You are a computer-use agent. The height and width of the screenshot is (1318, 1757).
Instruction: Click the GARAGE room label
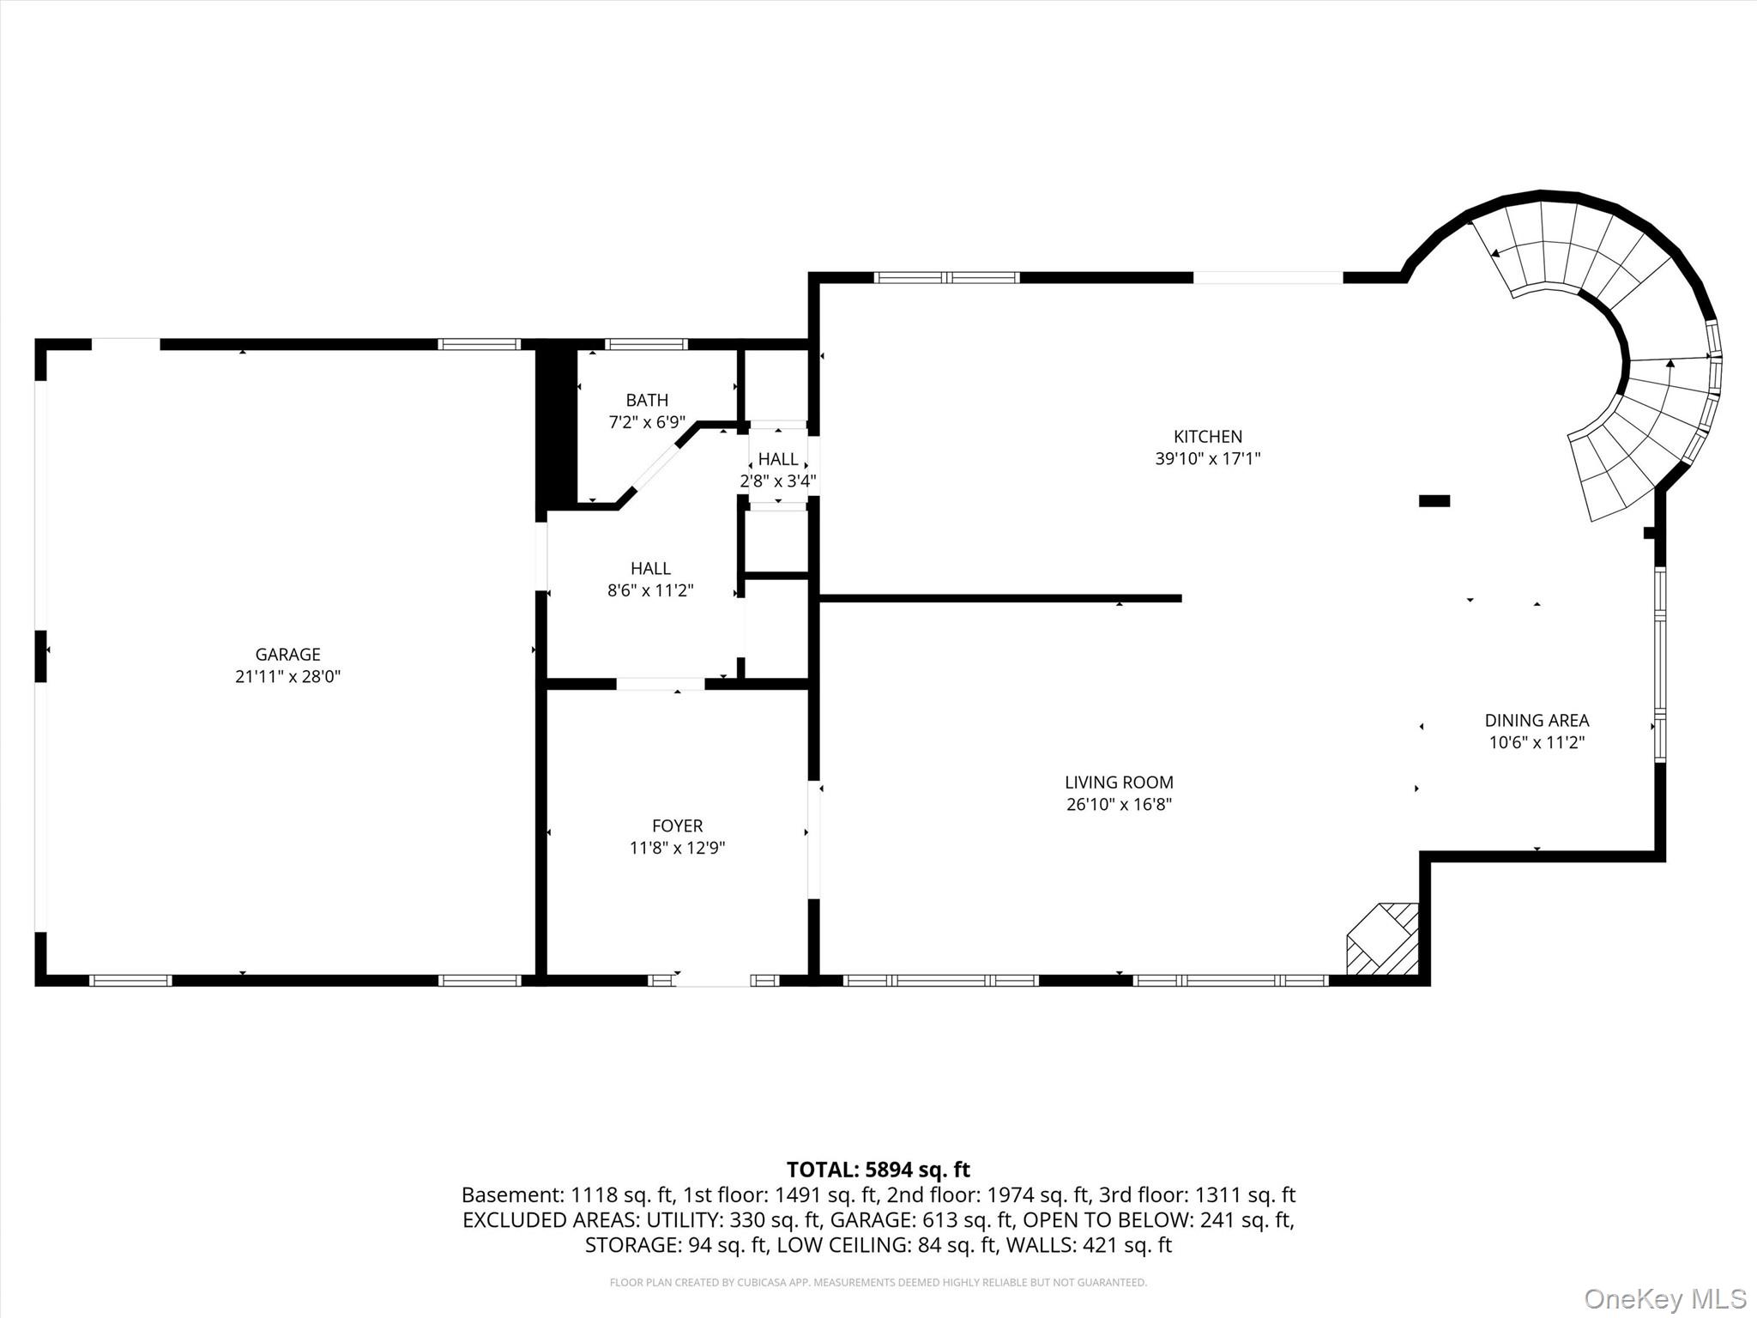[x=287, y=654]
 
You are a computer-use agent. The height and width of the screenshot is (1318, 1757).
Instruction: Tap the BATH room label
[x=647, y=400]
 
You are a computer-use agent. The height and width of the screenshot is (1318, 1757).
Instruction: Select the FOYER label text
[x=677, y=825]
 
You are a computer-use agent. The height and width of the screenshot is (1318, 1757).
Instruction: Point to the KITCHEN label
[x=1207, y=437]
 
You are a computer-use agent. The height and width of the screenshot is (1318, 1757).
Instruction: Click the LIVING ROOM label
[x=1119, y=782]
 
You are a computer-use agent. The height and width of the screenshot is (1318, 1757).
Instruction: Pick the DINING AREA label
[x=1537, y=721]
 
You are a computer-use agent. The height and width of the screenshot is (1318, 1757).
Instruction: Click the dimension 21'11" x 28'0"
[x=287, y=676]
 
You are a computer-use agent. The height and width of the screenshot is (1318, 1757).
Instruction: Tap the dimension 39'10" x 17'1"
[x=1207, y=458]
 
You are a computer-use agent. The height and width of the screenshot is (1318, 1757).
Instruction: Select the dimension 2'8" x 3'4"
[x=778, y=481]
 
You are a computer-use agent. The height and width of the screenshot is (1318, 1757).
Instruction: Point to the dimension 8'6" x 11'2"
[x=650, y=590]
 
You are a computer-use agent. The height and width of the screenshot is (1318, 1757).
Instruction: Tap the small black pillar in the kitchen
[x=1434, y=501]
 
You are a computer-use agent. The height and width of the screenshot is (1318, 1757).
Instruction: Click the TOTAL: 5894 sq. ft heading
[x=878, y=1170]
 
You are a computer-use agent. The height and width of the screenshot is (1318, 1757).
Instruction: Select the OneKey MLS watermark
[x=1664, y=1298]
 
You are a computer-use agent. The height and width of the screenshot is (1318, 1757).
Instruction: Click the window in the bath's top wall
[x=646, y=345]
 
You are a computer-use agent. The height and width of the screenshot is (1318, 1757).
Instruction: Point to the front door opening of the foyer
[x=713, y=980]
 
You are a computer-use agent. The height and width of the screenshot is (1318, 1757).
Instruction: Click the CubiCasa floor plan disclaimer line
[x=878, y=1282]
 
